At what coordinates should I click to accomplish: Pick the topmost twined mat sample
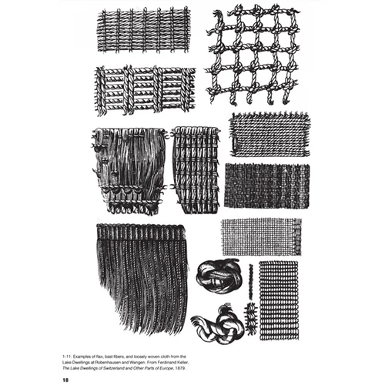[x=143, y=31]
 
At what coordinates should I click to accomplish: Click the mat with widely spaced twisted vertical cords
[x=144, y=90]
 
